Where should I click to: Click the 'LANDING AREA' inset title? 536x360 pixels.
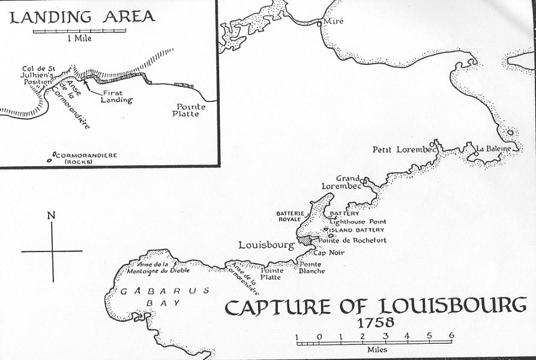82,16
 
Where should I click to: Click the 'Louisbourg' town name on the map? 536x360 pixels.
265,245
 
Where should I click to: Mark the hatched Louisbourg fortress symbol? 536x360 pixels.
307,239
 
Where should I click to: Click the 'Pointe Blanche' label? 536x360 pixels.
312,268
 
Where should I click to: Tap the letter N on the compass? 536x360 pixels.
52,215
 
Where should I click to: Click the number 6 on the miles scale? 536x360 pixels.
451,336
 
